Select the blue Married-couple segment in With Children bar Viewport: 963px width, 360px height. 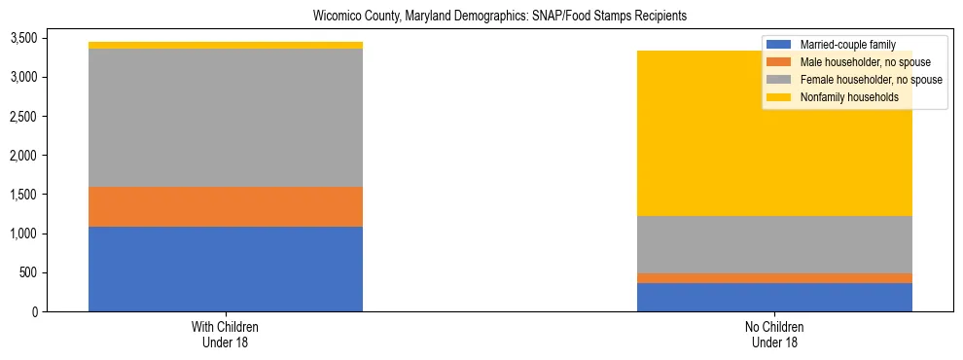click(x=226, y=269)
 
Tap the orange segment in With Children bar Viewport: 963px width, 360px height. click(x=226, y=206)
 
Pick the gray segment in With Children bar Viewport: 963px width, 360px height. click(x=226, y=118)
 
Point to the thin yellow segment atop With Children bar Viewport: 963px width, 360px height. click(x=226, y=45)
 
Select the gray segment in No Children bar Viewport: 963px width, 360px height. click(x=774, y=244)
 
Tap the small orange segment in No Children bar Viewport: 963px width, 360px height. click(x=774, y=278)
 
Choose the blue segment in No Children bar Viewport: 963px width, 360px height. click(x=774, y=297)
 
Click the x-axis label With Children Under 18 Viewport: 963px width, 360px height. click(x=226, y=334)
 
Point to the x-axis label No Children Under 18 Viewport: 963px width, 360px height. click(x=774, y=334)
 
